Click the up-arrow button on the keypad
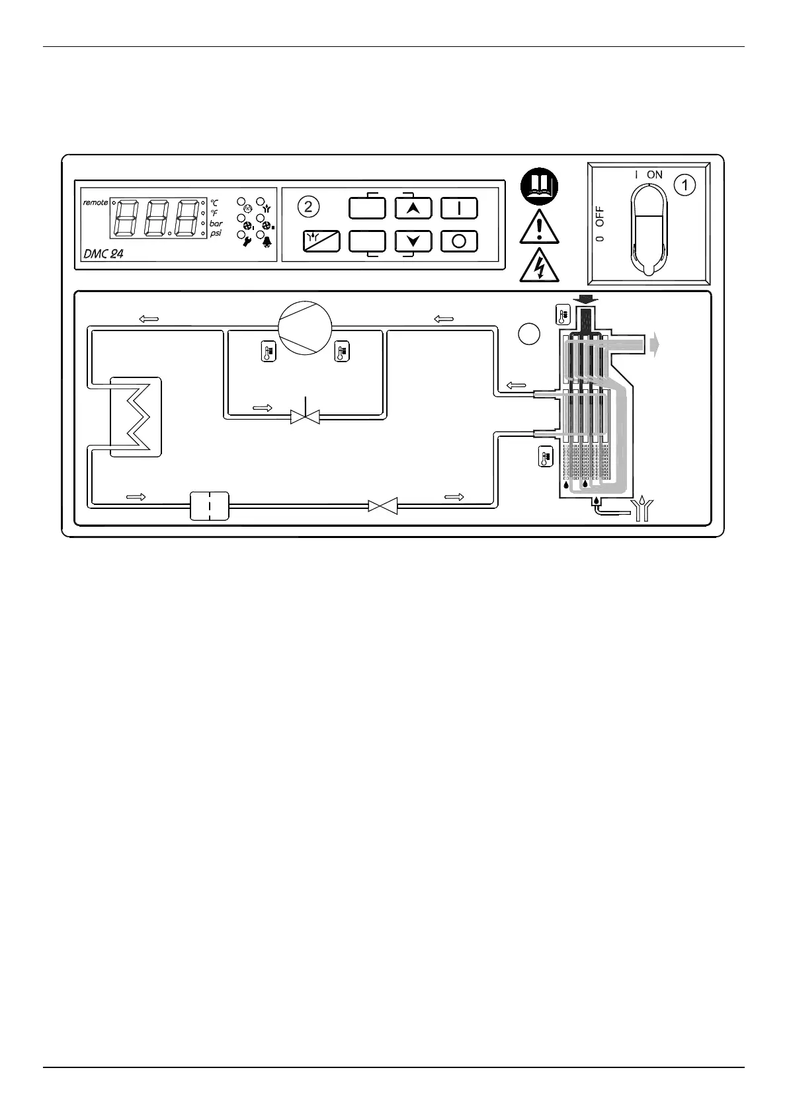(413, 208)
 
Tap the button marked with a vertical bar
(459, 208)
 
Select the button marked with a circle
(459, 241)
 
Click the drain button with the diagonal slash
(321, 241)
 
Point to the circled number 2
(308, 207)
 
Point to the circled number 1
(684, 186)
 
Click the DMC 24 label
(104, 253)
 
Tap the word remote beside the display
(95, 202)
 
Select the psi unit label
(216, 233)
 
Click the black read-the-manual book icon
(540, 187)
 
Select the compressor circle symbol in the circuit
(305, 328)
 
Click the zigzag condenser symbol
(136, 416)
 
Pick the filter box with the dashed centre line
(209, 506)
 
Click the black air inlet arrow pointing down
(585, 301)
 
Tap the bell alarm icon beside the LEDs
(268, 241)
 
